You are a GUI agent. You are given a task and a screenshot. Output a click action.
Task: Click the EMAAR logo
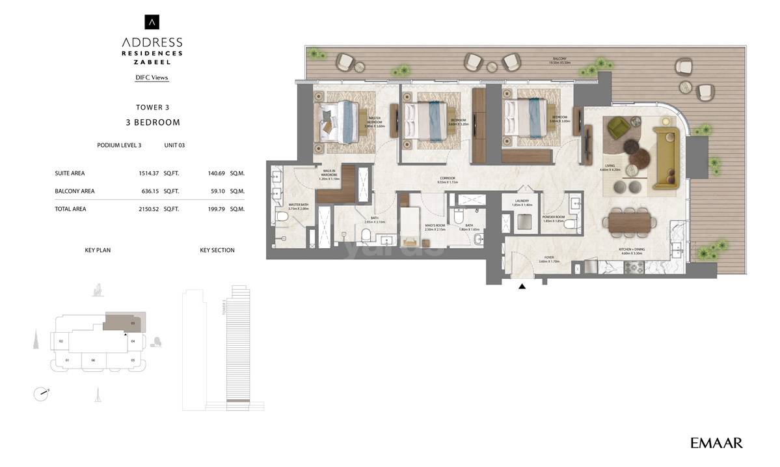716,444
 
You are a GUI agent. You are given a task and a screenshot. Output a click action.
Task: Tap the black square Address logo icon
152,22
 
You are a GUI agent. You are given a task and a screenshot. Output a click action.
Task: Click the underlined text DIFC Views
152,78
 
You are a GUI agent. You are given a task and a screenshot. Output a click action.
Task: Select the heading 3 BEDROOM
153,122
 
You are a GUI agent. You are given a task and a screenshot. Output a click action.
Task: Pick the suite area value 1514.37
148,173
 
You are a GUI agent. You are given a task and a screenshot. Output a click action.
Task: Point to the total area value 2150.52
148,209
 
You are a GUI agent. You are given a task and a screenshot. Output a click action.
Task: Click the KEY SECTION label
217,250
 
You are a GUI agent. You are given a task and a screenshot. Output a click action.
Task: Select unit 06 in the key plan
93,360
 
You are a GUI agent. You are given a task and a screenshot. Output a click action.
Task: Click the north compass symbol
41,393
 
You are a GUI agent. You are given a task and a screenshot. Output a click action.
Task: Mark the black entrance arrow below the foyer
522,285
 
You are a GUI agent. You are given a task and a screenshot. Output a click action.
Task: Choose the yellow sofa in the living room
666,156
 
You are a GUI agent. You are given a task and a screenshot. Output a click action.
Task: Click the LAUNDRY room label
522,201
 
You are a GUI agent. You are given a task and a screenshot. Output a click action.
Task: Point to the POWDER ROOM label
554,218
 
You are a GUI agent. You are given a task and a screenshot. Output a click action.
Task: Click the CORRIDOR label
448,180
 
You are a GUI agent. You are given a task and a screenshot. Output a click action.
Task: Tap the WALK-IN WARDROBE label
329,174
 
